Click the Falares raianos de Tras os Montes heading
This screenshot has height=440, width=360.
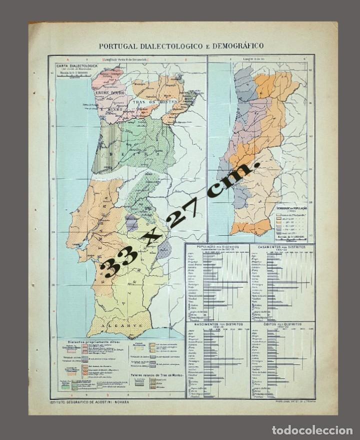156,374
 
